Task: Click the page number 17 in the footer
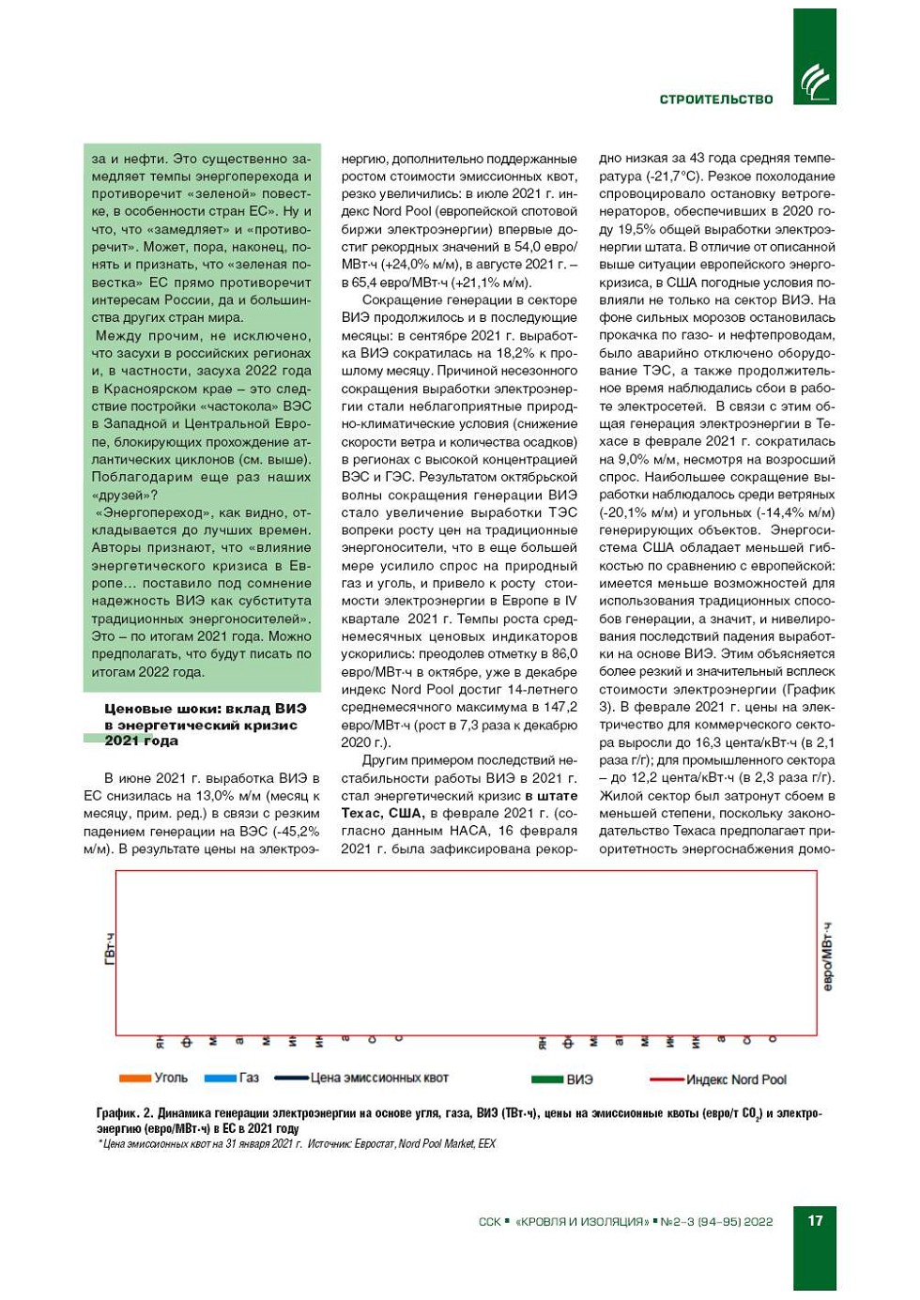[x=815, y=1220]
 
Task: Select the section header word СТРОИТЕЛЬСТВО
[x=716, y=99]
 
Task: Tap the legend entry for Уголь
[x=171, y=1078]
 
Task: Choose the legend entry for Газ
[x=249, y=1078]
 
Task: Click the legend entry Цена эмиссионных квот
[x=379, y=1078]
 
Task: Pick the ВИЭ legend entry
[x=580, y=1079]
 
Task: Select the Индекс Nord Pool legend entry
[x=736, y=1079]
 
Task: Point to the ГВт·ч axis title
[x=110, y=949]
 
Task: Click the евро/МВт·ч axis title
[x=827, y=956]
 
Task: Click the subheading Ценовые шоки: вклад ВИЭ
[x=201, y=709]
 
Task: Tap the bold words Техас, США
[x=382, y=813]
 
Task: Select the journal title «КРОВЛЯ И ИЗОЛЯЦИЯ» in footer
[x=582, y=1221]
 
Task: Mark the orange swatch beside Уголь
[x=136, y=1078]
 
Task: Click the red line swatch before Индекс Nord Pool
[x=667, y=1079]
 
